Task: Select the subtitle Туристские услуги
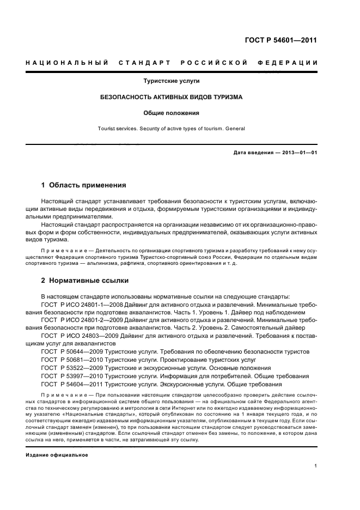[171, 81]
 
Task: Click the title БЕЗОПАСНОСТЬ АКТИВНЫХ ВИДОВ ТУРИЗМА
[171, 97]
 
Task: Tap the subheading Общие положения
[171, 113]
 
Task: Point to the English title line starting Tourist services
[171, 129]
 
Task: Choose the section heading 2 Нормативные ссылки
[85, 281]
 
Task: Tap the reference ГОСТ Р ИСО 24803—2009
[77, 336]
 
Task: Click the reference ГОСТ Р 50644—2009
[68, 352]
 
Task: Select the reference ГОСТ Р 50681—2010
[68, 360]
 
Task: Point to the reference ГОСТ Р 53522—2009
[68, 368]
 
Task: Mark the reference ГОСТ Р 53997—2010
[68, 377]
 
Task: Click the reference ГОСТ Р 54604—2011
[68, 385]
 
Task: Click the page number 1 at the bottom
[315, 466]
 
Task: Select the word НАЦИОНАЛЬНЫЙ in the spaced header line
[65, 63]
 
